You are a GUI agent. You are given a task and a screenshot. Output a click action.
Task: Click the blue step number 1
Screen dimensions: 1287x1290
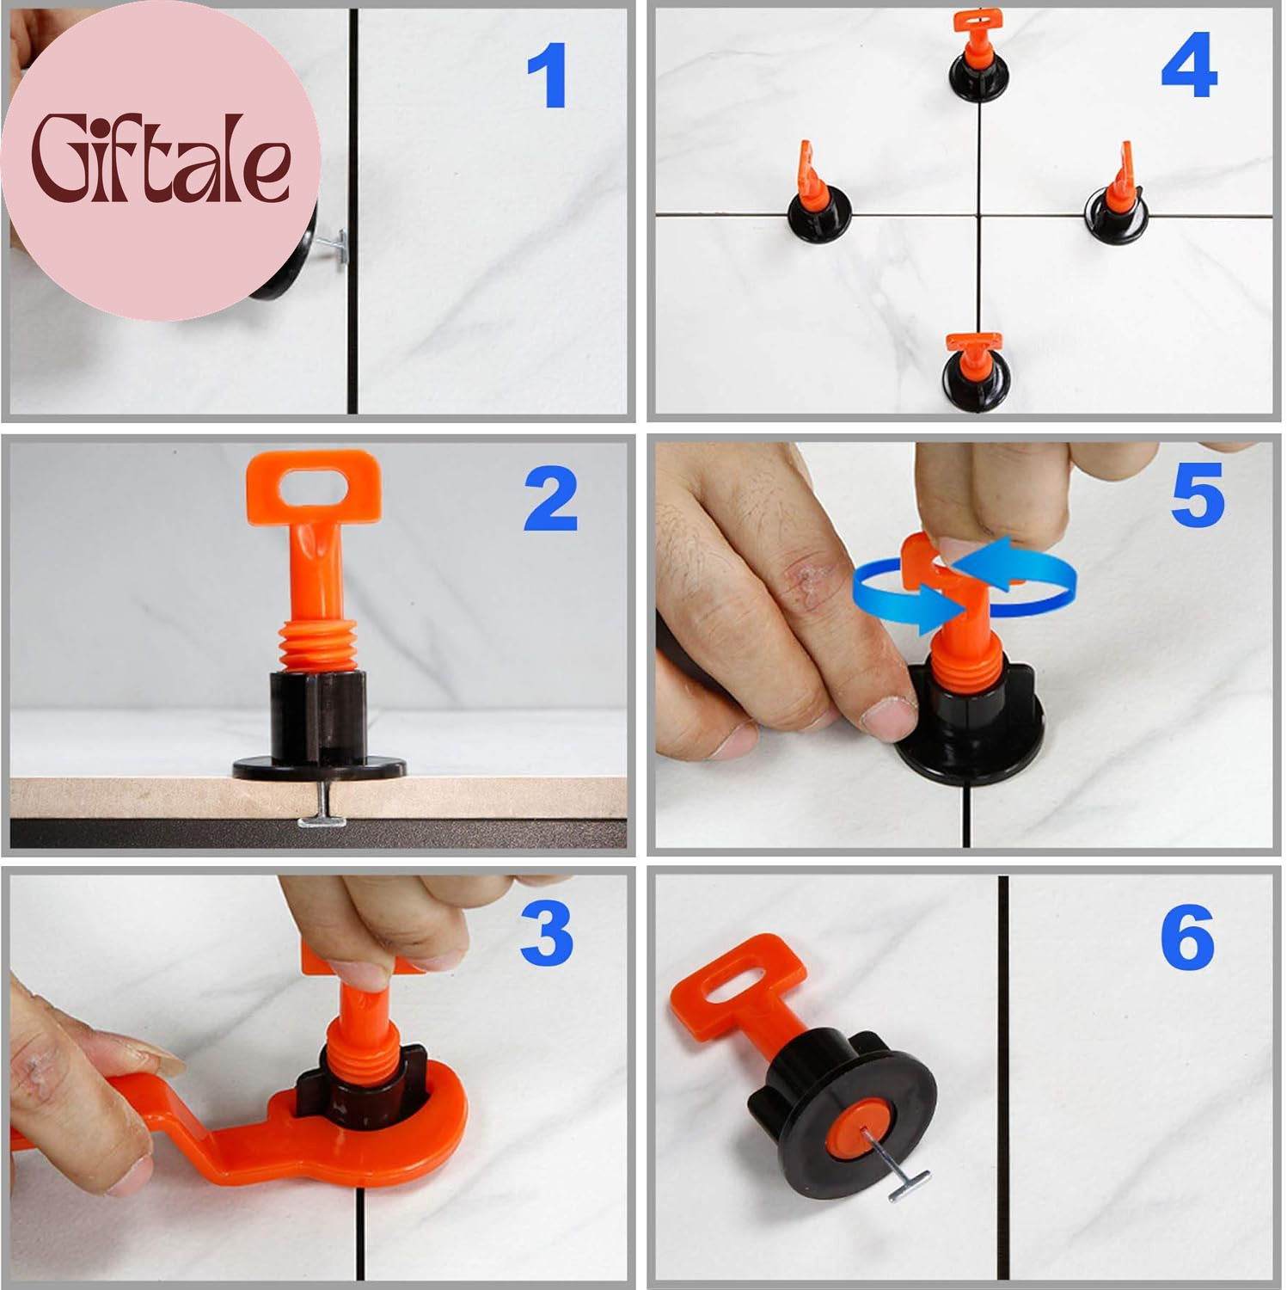coord(548,76)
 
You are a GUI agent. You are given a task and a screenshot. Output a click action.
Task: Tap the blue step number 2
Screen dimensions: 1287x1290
coord(551,499)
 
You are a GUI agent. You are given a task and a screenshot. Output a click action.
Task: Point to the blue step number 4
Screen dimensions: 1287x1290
coord(1189,66)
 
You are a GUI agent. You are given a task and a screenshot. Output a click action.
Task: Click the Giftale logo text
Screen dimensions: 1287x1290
coord(161,161)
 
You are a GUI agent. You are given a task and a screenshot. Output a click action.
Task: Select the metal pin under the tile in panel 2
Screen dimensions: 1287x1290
coord(322,808)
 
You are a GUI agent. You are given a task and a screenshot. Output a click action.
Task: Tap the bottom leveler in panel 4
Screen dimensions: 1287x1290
coord(977,371)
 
